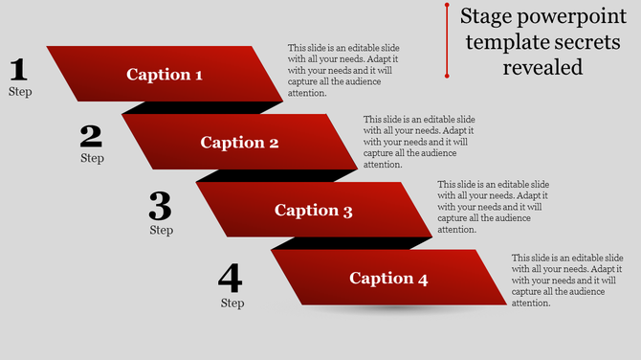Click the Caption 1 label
coord(165,75)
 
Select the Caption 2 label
coord(239,143)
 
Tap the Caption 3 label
coord(314,211)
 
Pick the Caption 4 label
coord(388,279)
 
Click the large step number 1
coord(18,70)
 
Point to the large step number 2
coord(91,137)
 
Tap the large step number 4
coord(231,279)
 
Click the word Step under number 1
coord(20,92)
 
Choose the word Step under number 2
coord(92,158)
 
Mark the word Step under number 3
coord(162,230)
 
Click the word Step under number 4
coord(232,303)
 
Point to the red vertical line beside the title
coord(447,40)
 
